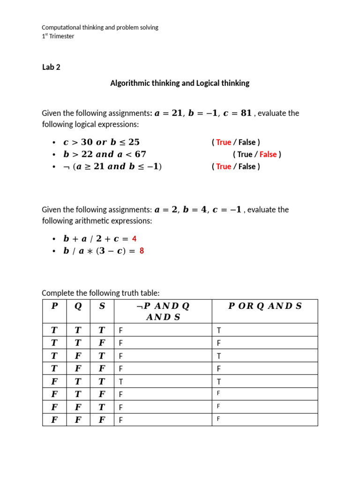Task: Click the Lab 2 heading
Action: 51,67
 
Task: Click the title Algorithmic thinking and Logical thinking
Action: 180,83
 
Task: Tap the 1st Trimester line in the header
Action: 58,36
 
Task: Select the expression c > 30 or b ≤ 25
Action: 101,142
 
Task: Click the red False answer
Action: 268,154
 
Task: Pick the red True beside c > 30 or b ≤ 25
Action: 224,142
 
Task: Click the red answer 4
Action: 134,239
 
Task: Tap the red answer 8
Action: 142,251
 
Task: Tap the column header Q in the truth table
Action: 78,306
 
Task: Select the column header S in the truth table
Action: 102,306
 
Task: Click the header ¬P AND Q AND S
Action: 163,311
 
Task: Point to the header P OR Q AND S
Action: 265,306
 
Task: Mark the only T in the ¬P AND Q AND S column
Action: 121,382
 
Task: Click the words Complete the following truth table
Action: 101,293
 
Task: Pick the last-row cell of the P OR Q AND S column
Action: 218,419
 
